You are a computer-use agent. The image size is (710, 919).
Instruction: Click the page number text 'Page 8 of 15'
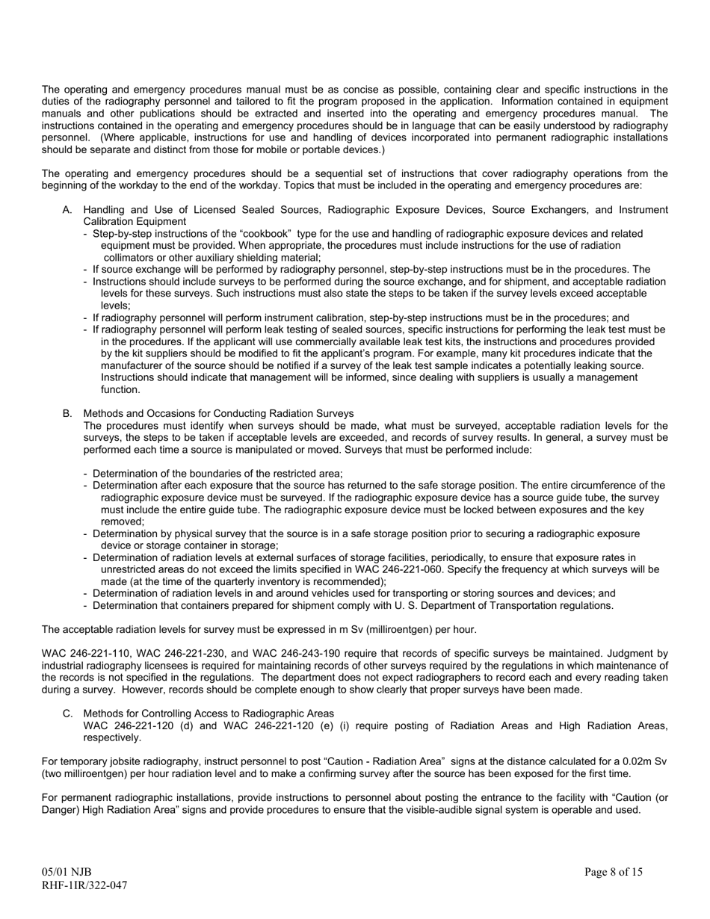(613, 872)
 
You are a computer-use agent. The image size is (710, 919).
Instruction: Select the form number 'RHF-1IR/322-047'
(84, 885)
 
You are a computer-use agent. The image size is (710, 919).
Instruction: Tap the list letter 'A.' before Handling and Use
(67, 210)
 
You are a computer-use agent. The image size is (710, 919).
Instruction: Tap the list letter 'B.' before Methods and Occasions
(67, 413)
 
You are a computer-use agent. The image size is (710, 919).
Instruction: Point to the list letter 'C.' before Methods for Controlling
(67, 714)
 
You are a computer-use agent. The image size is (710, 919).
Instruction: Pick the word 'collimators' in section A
(131, 257)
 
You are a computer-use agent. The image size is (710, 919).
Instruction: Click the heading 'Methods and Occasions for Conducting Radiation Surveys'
(218, 413)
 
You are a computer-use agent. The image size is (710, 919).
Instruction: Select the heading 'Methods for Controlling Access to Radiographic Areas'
(209, 714)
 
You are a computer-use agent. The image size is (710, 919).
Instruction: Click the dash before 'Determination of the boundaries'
(86, 473)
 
